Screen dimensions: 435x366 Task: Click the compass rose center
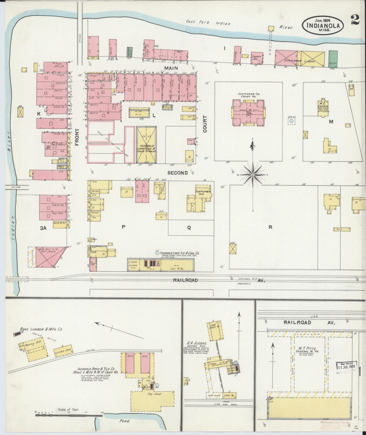click(253, 175)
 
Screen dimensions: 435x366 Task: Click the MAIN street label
click(171, 68)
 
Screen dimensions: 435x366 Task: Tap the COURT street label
click(205, 124)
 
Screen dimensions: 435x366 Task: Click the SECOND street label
click(178, 173)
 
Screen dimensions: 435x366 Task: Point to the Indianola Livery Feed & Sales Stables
click(146, 145)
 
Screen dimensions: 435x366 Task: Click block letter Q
click(189, 228)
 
